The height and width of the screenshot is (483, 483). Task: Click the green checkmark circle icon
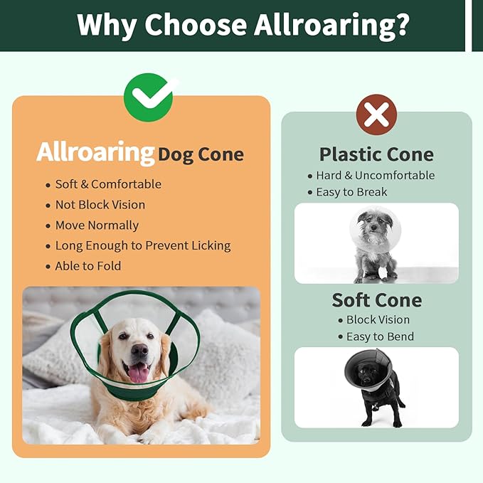[x=151, y=95]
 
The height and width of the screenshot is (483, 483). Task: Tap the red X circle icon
[x=376, y=115]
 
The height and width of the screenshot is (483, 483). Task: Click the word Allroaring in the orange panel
[x=95, y=153]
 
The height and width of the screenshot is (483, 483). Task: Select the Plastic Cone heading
[x=376, y=154]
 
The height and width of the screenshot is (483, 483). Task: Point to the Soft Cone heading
[x=376, y=300]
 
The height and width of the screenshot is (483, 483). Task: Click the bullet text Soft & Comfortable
[x=108, y=184]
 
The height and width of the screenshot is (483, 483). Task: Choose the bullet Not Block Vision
[x=100, y=205]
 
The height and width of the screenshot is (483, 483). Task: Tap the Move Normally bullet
[x=97, y=225]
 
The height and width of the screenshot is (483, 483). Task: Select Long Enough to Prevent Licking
[x=143, y=245]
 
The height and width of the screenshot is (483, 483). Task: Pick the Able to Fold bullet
[x=88, y=266]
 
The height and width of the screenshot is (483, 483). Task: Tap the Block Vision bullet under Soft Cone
[x=378, y=320]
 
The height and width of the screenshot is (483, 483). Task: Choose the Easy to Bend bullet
[x=380, y=337]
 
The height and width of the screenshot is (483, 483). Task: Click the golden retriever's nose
[x=139, y=350]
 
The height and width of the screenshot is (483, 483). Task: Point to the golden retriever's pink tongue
[x=137, y=373]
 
